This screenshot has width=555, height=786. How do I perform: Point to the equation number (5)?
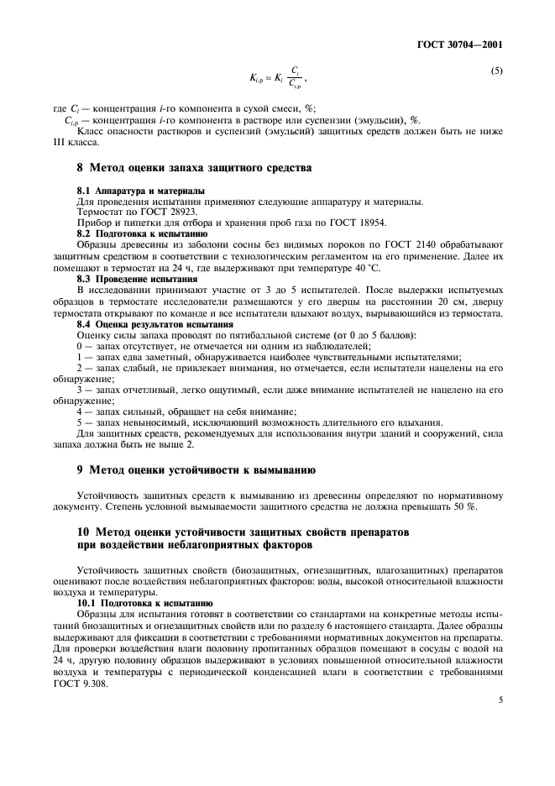496,71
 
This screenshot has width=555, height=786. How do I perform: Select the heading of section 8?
194,169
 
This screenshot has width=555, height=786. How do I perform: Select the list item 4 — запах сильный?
186,411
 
